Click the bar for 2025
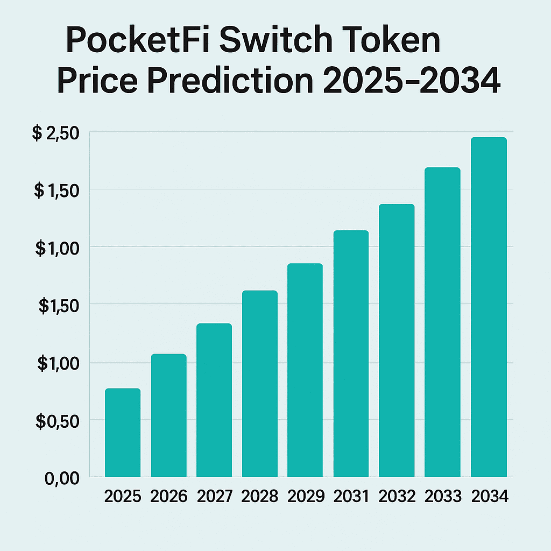click(123, 433)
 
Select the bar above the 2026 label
click(168, 415)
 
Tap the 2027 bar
click(214, 400)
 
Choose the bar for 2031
click(351, 354)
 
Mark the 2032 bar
click(397, 341)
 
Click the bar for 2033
click(442, 322)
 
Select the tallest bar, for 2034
click(489, 307)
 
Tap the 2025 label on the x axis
click(123, 496)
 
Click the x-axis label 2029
click(306, 496)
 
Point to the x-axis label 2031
click(351, 496)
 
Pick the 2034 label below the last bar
click(489, 496)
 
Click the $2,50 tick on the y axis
click(55, 133)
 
